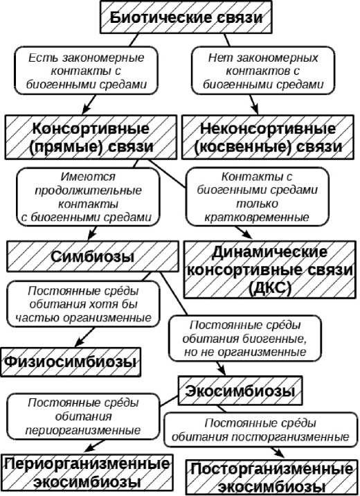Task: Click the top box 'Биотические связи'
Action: tap(186, 17)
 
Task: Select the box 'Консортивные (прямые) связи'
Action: tap(91, 137)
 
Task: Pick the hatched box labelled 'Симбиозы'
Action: tap(93, 256)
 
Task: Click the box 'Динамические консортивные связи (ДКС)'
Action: tap(269, 269)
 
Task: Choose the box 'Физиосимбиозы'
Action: tap(71, 362)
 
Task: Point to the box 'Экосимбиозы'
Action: tap(240, 391)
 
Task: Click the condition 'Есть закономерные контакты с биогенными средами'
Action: tap(86, 71)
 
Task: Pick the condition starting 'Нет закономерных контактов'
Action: tap(263, 71)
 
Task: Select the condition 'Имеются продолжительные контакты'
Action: tap(88, 197)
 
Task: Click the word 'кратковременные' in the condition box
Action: tap(257, 218)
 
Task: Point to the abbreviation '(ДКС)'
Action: tap(269, 287)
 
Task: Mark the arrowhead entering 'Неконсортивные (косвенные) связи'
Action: tap(255, 110)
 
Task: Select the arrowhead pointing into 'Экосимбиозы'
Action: tap(222, 371)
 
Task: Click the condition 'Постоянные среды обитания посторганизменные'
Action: tap(261, 429)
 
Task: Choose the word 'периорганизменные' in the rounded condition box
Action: tap(83, 430)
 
